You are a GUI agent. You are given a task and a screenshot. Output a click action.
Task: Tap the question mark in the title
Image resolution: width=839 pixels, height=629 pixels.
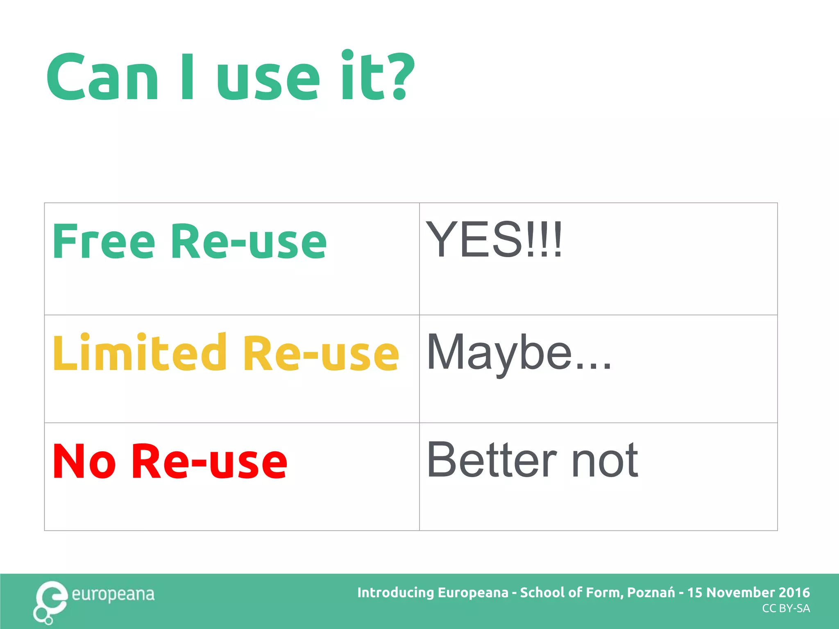[398, 76]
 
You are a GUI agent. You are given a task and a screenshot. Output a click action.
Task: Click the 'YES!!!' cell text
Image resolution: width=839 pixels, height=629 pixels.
[494, 240]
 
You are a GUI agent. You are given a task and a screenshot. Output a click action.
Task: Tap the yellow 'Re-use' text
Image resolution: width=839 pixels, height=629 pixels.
[321, 353]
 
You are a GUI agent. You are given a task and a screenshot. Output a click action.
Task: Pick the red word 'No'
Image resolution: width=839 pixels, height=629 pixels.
[84, 461]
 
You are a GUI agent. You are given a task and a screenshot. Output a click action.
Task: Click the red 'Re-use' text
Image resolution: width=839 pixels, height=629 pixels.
[210, 461]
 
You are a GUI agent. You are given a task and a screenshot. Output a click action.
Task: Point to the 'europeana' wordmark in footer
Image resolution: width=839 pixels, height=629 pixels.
[113, 594]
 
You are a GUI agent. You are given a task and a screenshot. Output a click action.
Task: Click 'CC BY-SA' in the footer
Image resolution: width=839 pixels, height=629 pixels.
[786, 609]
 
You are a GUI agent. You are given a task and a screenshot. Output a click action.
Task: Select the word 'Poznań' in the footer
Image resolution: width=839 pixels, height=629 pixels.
[651, 593]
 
